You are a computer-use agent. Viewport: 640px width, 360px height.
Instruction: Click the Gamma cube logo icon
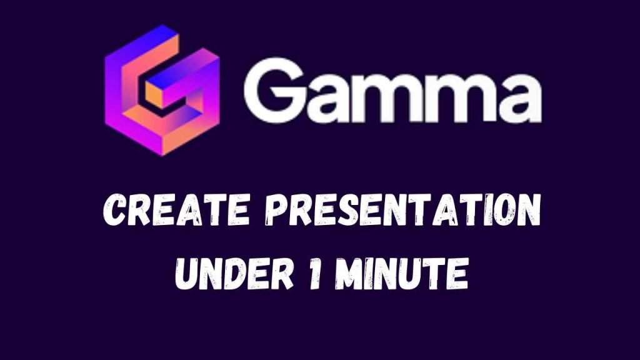point(162,90)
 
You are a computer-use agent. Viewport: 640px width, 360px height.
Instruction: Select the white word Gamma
point(392,90)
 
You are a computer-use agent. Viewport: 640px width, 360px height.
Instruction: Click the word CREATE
point(176,211)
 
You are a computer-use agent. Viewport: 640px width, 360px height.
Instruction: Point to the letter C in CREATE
point(115,211)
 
